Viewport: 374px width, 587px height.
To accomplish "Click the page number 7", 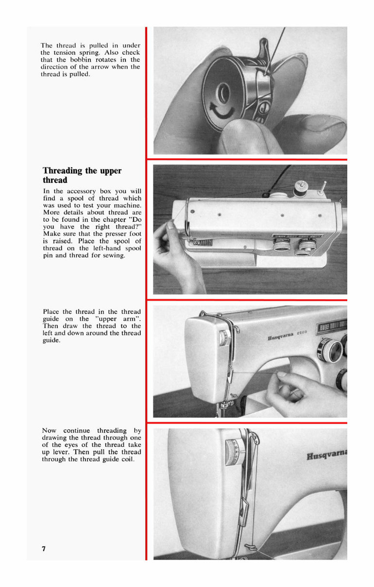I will tap(44, 549).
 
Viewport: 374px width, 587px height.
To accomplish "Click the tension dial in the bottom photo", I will tap(234, 453).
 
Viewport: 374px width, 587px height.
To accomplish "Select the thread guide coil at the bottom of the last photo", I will tap(250, 547).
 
